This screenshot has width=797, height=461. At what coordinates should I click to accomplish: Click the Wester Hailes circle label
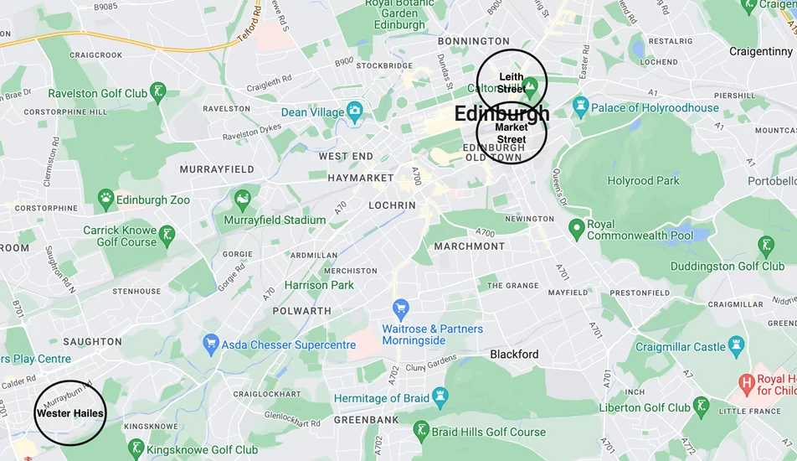[69, 413]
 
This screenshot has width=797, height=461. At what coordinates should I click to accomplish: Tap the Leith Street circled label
[512, 82]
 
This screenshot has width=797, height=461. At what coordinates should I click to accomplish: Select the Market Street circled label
[512, 132]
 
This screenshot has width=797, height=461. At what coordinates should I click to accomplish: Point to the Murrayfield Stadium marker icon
[243, 199]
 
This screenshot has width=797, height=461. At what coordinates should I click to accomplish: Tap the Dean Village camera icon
[355, 111]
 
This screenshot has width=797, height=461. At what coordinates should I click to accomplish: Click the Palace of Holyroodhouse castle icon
[581, 107]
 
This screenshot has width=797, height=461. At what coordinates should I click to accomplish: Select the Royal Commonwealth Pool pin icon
[576, 228]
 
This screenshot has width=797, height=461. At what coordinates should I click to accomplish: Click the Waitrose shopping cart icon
[401, 308]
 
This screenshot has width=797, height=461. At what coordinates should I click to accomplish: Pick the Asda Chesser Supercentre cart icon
[211, 344]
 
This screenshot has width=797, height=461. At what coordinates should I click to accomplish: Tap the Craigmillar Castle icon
[736, 345]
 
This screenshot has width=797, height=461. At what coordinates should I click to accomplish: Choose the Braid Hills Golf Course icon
[422, 432]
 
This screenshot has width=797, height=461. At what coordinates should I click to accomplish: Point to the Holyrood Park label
[643, 180]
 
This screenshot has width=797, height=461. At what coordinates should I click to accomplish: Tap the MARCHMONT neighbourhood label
[470, 246]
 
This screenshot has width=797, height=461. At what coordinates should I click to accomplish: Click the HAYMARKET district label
[360, 178]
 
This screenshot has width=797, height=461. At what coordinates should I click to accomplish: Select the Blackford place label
[514, 354]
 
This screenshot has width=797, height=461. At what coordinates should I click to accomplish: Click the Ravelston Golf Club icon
[158, 93]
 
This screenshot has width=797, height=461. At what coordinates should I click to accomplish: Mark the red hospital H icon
[748, 384]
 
